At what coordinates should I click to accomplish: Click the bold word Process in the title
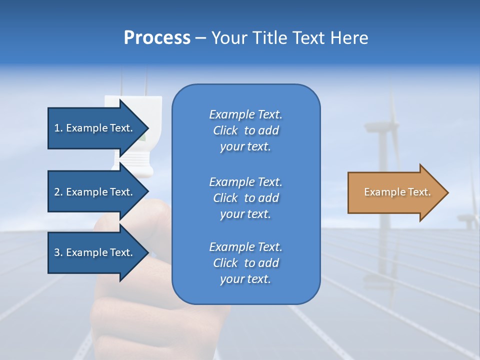(157, 38)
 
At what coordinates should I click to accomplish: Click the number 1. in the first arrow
(58, 128)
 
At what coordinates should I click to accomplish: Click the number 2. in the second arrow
(58, 192)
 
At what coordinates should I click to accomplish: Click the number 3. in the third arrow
(58, 252)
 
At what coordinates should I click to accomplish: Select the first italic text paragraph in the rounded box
(245, 130)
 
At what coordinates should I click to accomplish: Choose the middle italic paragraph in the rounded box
(245, 198)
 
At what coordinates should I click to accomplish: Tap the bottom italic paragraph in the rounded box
(245, 263)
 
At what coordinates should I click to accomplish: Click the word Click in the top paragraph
(225, 130)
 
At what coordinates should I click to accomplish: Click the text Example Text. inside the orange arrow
(397, 192)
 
